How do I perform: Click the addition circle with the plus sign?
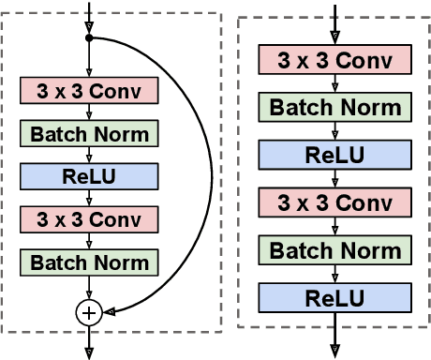(89, 314)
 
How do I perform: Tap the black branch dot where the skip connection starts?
(89, 39)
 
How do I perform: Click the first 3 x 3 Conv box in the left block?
(89, 90)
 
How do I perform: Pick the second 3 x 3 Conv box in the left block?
(89, 218)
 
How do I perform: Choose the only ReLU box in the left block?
(89, 175)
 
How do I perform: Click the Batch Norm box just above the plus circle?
(89, 262)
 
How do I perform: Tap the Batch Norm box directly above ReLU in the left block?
(89, 133)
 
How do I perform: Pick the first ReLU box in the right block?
(335, 155)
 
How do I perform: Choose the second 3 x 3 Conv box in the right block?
(335, 202)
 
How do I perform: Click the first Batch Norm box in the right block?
(335, 107)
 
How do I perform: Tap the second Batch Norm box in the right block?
(335, 250)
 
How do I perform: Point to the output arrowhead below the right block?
(335, 352)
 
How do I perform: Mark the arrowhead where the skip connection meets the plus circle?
(107, 313)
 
